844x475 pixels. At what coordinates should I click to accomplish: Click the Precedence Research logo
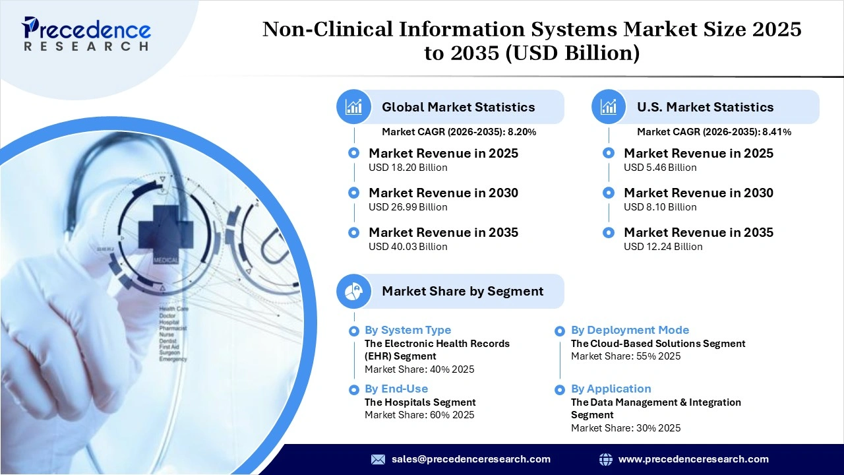click(x=86, y=34)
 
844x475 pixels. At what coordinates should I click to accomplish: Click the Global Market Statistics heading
click(x=458, y=107)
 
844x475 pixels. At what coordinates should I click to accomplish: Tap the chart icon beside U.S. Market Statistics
click(x=609, y=107)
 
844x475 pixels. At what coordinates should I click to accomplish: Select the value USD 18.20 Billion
click(x=407, y=168)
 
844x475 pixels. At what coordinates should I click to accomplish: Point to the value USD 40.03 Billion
click(x=407, y=247)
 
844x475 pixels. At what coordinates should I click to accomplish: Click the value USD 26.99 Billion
click(x=407, y=207)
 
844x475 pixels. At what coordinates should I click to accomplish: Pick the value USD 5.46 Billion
click(x=660, y=168)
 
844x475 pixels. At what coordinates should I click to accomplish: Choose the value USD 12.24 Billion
click(x=663, y=247)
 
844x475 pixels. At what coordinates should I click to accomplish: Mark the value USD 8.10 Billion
click(x=660, y=207)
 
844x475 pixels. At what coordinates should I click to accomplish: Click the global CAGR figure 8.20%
click(x=522, y=132)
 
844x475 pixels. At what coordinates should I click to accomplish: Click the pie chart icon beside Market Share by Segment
click(x=353, y=291)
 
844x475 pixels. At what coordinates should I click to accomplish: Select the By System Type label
click(x=407, y=330)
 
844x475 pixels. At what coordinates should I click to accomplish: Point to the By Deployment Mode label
click(x=630, y=330)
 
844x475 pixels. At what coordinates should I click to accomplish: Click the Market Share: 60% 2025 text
click(x=419, y=415)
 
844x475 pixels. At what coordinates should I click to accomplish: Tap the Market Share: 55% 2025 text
click(x=625, y=356)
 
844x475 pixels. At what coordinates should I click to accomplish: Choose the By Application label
click(x=611, y=389)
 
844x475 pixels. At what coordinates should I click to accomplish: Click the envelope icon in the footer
click(x=378, y=459)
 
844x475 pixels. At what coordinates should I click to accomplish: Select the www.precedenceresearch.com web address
click(x=693, y=459)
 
